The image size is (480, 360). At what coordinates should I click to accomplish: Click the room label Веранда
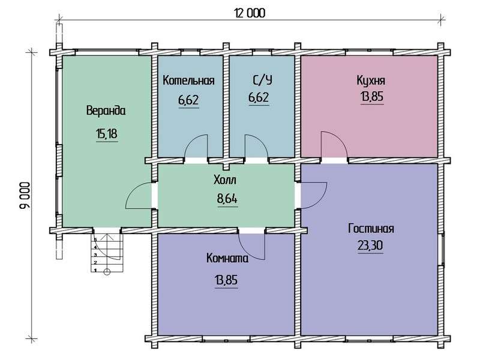tap(106, 110)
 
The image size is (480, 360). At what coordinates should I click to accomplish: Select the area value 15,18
tap(107, 134)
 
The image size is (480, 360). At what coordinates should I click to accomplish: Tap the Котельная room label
tap(188, 80)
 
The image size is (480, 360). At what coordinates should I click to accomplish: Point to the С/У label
tap(262, 80)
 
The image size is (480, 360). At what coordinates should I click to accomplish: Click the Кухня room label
tap(371, 80)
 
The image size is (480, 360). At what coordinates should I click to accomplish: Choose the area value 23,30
tap(370, 245)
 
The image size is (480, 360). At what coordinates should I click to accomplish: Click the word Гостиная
tap(371, 229)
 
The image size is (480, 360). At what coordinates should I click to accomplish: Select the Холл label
tap(225, 181)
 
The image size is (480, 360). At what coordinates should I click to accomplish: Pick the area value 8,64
tap(227, 199)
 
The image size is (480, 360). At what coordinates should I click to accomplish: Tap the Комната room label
tap(227, 259)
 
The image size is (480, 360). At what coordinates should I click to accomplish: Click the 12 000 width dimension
tap(250, 13)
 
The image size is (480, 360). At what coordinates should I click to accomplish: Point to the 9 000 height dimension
tap(25, 196)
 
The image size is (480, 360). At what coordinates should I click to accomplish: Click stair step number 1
tap(95, 271)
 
